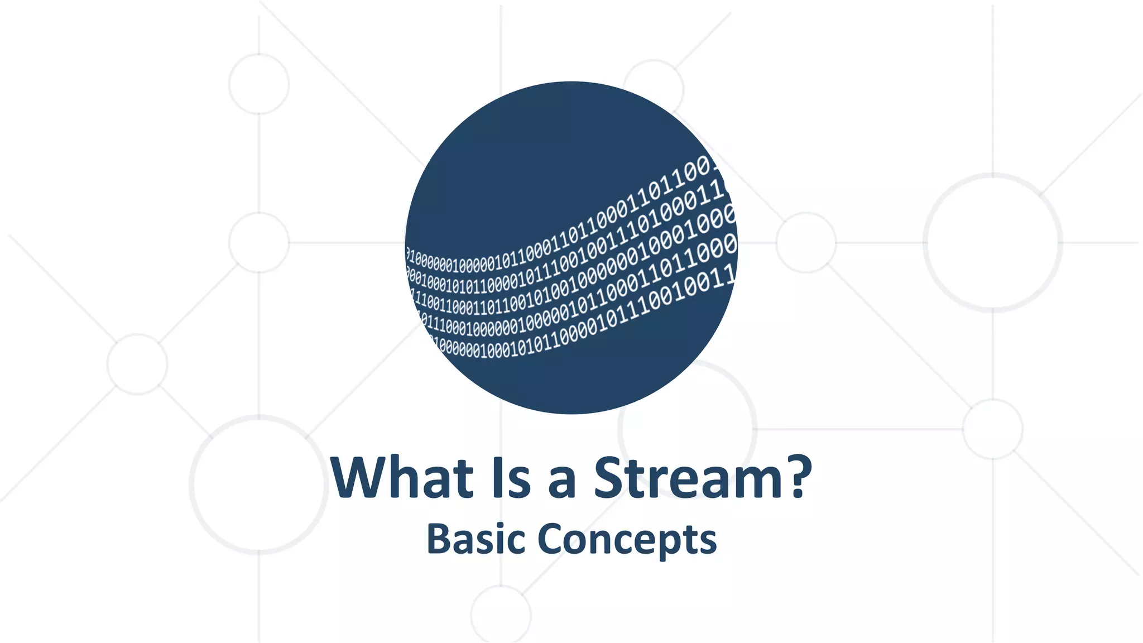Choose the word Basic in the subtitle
(476, 539)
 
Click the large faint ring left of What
(258, 484)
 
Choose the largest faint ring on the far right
(993, 242)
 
